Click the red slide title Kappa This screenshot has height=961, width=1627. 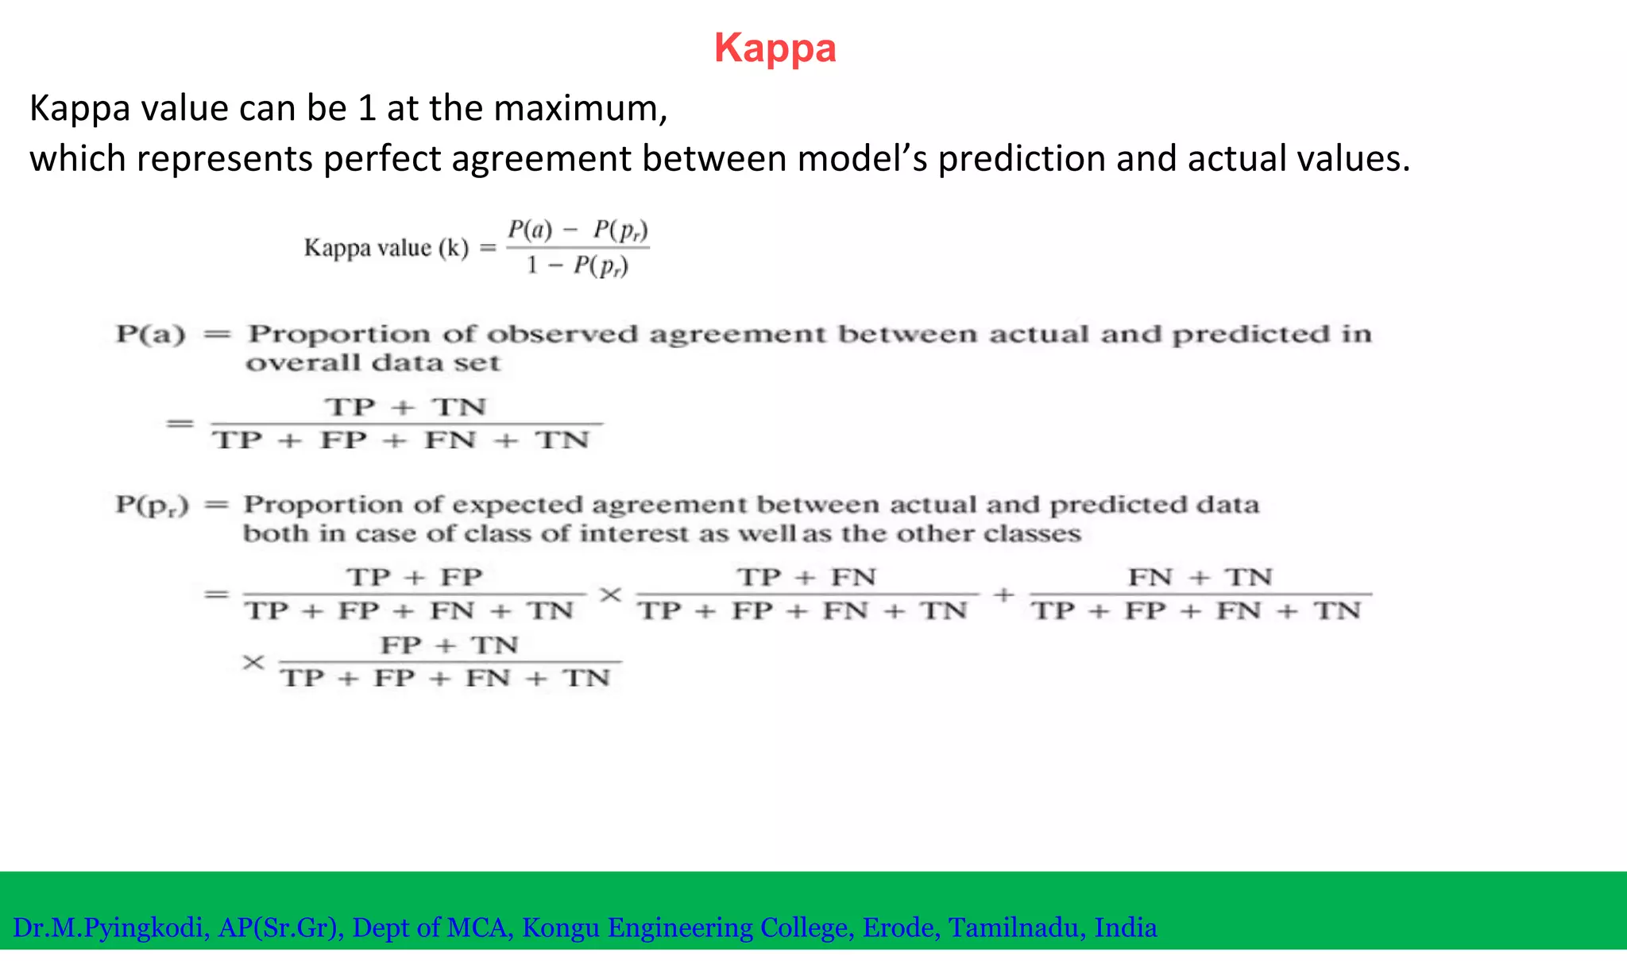(775, 48)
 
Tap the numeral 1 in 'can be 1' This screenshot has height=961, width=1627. (366, 108)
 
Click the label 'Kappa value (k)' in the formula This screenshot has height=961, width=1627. (386, 248)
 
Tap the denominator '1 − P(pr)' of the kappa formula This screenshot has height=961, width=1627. (578, 265)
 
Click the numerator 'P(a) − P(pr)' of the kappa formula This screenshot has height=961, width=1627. (578, 231)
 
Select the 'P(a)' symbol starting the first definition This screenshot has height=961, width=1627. (150, 334)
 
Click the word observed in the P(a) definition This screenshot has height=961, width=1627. (562, 334)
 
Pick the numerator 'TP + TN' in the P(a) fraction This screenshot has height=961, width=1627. (406, 407)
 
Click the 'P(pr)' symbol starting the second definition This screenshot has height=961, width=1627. (152, 506)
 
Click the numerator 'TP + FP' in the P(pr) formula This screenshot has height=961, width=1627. (414, 577)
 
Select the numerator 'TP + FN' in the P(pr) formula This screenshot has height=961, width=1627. (806, 577)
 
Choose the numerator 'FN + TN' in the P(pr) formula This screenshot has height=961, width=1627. (1200, 577)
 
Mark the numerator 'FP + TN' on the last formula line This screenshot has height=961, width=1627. (449, 645)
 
